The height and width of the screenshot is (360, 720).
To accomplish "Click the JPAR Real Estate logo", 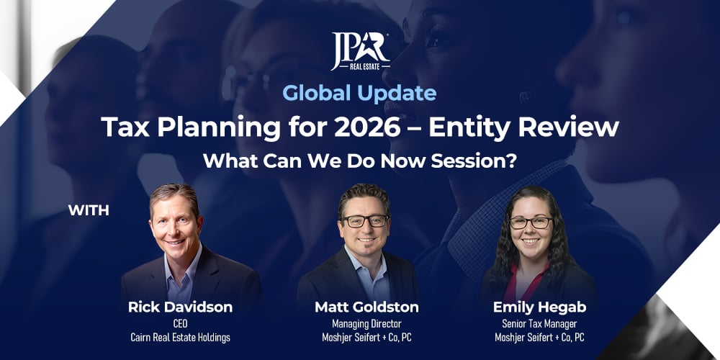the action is [x=360, y=51].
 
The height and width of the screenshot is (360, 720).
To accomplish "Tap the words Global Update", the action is [x=359, y=94].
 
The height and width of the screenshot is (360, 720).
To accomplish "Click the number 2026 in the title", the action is [x=367, y=127].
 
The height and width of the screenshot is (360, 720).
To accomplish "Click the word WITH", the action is [x=89, y=210].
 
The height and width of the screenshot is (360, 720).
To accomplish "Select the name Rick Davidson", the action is [x=180, y=307].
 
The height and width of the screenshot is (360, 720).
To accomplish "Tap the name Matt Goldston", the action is [x=366, y=307].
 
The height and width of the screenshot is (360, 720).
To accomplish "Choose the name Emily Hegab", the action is [x=539, y=307].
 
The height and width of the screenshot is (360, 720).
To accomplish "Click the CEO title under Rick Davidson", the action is [x=180, y=323].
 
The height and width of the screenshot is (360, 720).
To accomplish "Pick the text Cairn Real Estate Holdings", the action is [x=180, y=338].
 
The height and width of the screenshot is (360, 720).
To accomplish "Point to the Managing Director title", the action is [x=366, y=323].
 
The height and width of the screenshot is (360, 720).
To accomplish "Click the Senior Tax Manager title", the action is [x=539, y=323].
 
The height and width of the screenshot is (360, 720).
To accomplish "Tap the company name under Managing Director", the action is [x=366, y=338].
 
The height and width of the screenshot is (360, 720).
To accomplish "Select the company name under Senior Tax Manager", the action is [x=539, y=338].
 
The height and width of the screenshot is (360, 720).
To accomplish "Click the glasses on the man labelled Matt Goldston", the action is [x=366, y=221].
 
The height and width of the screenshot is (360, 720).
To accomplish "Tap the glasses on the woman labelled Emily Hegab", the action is [x=531, y=222].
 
